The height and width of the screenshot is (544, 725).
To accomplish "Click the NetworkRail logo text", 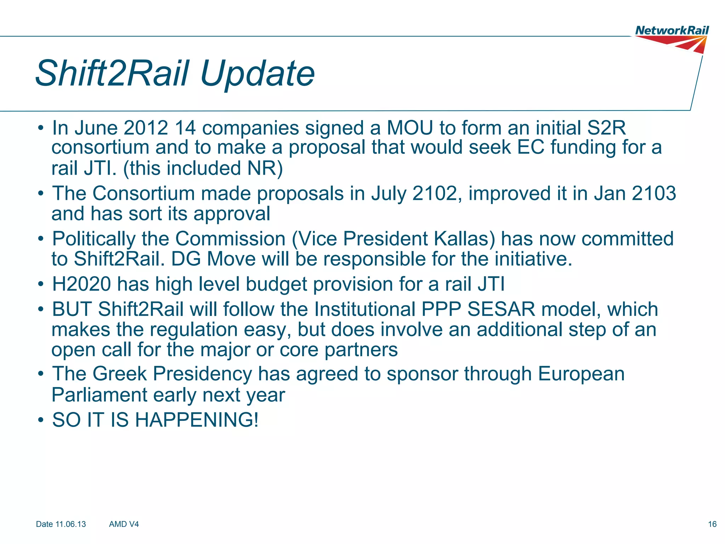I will [672, 30].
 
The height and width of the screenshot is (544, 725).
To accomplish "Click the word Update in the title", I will [257, 74].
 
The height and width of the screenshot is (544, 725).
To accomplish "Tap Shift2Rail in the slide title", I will [113, 74].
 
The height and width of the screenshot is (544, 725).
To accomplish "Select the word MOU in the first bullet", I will [410, 128].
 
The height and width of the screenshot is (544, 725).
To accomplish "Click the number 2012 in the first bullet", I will [145, 128].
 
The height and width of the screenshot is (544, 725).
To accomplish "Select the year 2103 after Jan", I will [654, 194].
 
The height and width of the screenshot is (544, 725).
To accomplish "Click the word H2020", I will [81, 284].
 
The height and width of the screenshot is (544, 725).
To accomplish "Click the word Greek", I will [120, 374].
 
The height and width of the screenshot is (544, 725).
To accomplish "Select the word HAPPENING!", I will [197, 420].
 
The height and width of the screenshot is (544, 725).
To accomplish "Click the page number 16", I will [712, 524].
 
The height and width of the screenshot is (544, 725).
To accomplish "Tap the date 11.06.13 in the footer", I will [71, 524].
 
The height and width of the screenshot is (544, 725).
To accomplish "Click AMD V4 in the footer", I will [124, 524].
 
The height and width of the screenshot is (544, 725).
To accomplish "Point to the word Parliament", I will [99, 395].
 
